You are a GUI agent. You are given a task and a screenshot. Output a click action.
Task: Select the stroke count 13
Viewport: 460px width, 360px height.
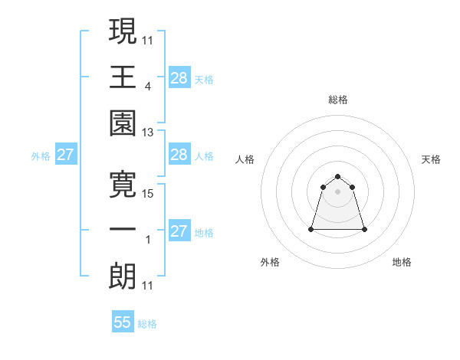click(147, 133)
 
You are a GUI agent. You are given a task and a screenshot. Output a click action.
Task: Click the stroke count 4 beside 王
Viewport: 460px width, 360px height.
click(147, 87)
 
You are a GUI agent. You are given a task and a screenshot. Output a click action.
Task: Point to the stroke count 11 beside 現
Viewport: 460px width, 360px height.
click(147, 41)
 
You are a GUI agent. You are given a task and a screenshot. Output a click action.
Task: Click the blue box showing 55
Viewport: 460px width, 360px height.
click(123, 322)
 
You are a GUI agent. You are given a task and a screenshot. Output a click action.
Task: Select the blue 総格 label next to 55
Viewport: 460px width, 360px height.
click(147, 324)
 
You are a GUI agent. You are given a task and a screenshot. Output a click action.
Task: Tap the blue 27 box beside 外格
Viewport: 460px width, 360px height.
click(65, 155)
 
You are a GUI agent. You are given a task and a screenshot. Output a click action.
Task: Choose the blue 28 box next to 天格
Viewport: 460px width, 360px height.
click(179, 77)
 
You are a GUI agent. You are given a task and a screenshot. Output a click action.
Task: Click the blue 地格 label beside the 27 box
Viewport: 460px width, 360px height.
click(204, 233)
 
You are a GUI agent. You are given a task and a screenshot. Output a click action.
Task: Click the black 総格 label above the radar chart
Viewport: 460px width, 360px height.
click(337, 100)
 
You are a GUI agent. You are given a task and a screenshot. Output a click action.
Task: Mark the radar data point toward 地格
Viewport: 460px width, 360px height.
click(363, 229)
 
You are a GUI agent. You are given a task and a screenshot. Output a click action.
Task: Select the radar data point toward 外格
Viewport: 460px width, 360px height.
click(312, 229)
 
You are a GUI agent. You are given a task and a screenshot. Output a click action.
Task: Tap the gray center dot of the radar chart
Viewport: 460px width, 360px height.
click(337, 191)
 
